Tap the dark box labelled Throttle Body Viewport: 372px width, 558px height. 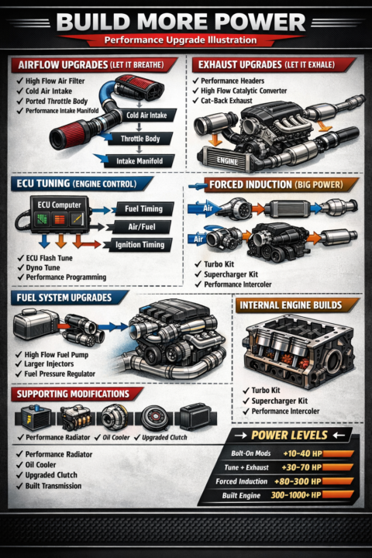[140, 139]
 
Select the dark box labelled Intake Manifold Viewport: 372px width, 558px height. [139, 161]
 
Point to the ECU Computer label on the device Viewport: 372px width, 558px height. [60, 205]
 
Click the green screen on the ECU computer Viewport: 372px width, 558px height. [43, 219]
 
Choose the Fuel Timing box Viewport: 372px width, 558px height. [144, 209]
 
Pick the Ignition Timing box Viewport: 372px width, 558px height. [139, 245]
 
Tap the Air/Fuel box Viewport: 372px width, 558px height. [142, 226]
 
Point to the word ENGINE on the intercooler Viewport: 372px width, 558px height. [228, 161]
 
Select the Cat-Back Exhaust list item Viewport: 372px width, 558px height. [222, 101]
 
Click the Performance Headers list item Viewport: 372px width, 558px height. [228, 81]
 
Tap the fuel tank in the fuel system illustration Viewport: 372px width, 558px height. [36, 323]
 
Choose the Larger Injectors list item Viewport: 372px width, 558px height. [45, 364]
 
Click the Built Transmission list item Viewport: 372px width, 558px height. [49, 486]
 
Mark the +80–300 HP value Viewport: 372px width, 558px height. [298, 481]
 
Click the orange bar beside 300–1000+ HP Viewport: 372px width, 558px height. [338, 494]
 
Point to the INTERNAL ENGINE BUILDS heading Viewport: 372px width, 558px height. [291, 305]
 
